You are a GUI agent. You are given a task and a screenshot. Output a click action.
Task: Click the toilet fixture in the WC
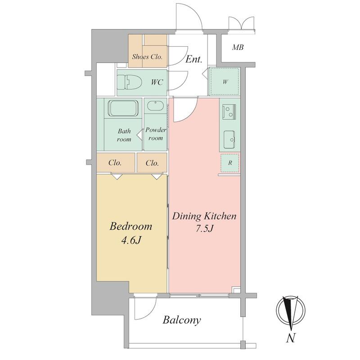click(x=130, y=82)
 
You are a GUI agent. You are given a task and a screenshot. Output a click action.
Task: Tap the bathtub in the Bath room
click(x=124, y=108)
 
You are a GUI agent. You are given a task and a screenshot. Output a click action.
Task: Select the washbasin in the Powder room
click(x=155, y=106)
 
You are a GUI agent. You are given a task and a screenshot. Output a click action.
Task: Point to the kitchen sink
click(x=229, y=139)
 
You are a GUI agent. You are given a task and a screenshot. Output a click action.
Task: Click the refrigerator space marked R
click(x=230, y=163)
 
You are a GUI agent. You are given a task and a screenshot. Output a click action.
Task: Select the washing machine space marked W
click(x=225, y=81)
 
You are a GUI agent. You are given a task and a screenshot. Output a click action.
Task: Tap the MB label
click(x=238, y=48)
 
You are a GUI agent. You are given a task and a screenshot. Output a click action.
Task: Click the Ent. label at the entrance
click(x=194, y=59)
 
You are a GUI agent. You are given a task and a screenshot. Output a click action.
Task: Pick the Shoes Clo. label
click(x=147, y=57)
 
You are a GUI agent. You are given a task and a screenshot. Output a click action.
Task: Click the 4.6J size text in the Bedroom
click(x=131, y=240)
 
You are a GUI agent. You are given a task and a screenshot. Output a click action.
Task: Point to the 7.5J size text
click(x=205, y=229)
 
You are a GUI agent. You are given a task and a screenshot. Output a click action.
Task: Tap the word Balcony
click(x=182, y=320)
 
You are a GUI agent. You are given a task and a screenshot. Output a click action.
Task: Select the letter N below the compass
click(x=291, y=338)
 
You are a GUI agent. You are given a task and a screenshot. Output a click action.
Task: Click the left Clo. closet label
click(x=115, y=163)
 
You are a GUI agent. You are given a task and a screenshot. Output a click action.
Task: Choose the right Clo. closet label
click(x=152, y=163)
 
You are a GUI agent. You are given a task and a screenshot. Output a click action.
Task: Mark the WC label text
click(x=157, y=82)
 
